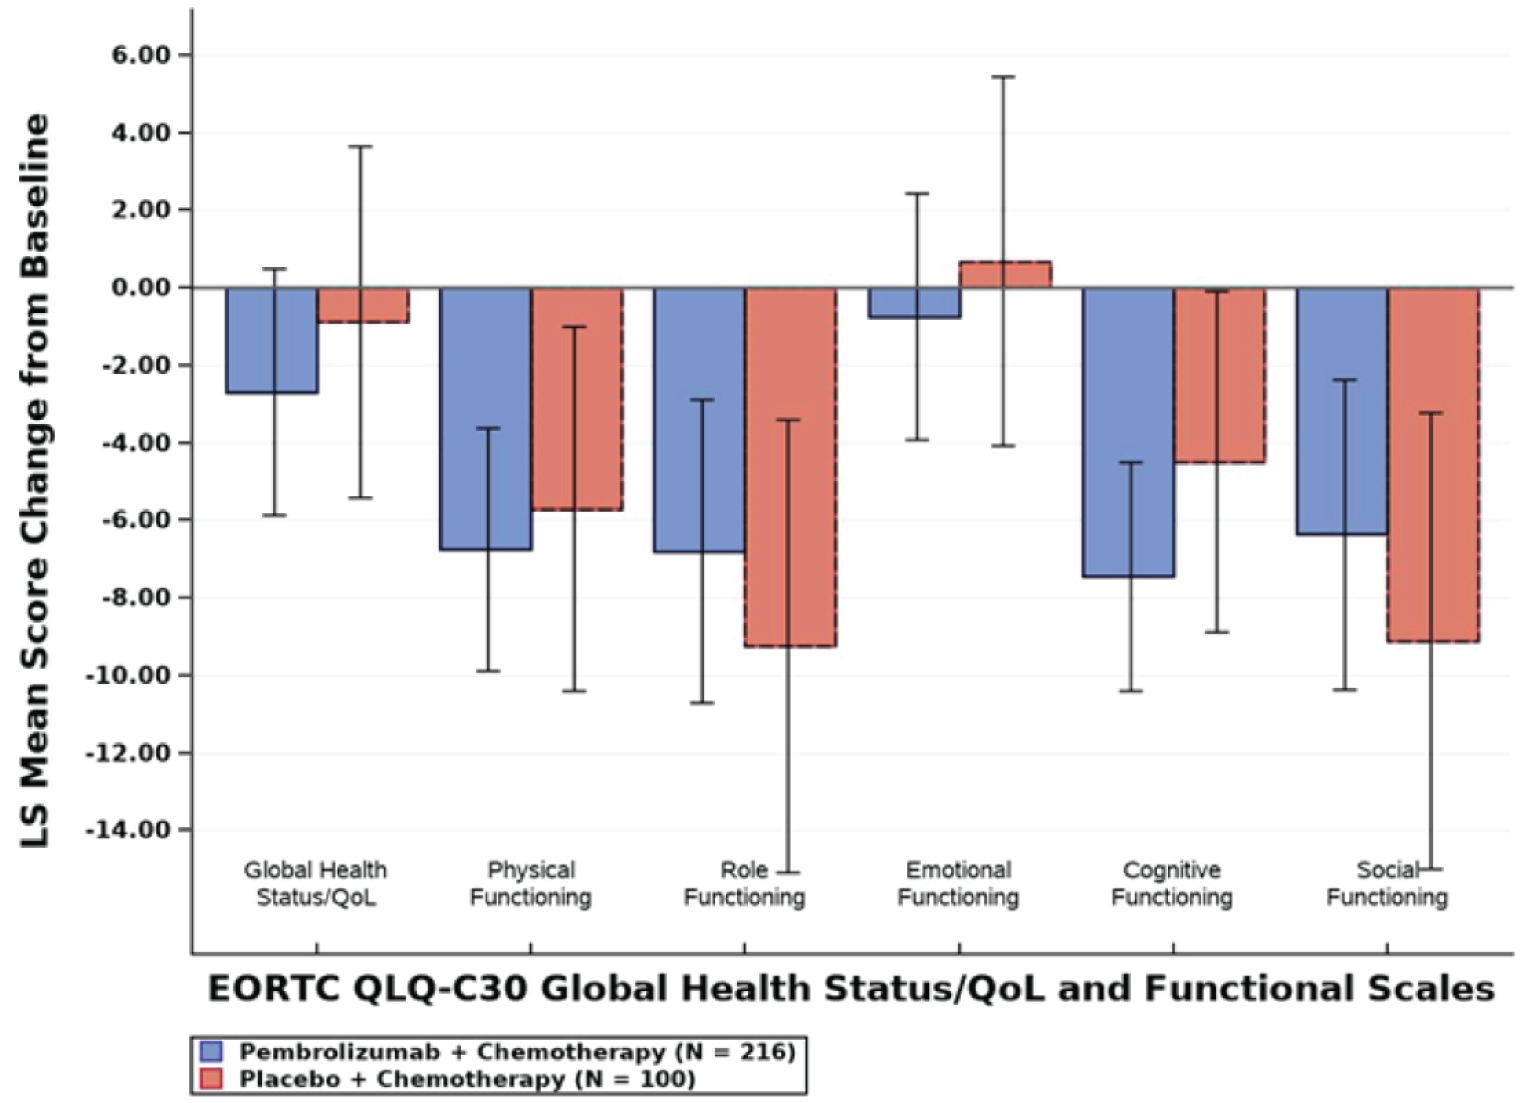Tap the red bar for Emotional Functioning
pos(1005,275)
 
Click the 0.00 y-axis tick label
pos(141,288)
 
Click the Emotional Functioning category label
pos(958,884)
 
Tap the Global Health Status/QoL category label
pos(316,884)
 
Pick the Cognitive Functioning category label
pos(1172,884)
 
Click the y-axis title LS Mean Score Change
pos(36,480)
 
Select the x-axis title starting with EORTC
pos(851,989)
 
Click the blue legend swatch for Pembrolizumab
pos(211,1052)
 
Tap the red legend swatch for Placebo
pos(211,1079)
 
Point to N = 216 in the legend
pos(735,1052)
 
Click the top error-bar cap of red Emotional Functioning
pos(1003,77)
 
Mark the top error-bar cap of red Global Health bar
pos(360,147)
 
